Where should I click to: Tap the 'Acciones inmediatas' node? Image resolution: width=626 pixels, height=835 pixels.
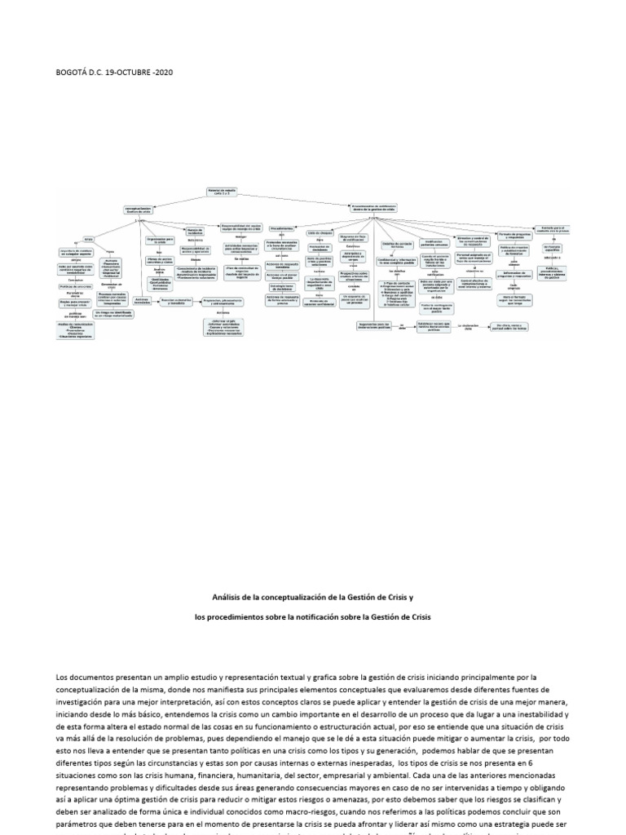(x=140, y=302)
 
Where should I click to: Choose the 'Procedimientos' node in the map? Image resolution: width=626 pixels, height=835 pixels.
(x=281, y=229)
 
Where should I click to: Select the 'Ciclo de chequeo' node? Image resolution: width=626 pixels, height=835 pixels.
(x=318, y=233)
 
